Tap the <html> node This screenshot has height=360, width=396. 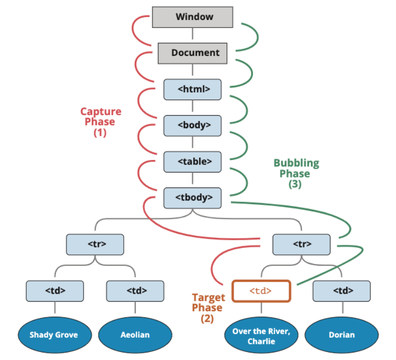[193, 89]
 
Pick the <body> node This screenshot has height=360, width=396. [193, 125]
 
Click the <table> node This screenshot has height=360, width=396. [193, 161]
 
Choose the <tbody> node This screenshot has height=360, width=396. [193, 198]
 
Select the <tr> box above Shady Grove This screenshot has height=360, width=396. [95, 244]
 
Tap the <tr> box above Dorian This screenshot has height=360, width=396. [301, 244]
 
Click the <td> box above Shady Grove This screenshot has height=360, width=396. [55, 290]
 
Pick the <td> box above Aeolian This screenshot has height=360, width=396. [135, 290]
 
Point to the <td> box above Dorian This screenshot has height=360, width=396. [342, 290]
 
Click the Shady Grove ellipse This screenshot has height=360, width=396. [54, 334]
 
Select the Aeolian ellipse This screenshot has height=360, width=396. [134, 334]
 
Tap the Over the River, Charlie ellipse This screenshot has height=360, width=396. [261, 335]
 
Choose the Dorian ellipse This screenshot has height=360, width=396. [341, 334]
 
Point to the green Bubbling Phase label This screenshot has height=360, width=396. [296, 168]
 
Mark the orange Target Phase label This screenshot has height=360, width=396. [208, 303]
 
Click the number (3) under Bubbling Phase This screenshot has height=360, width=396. [295, 184]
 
